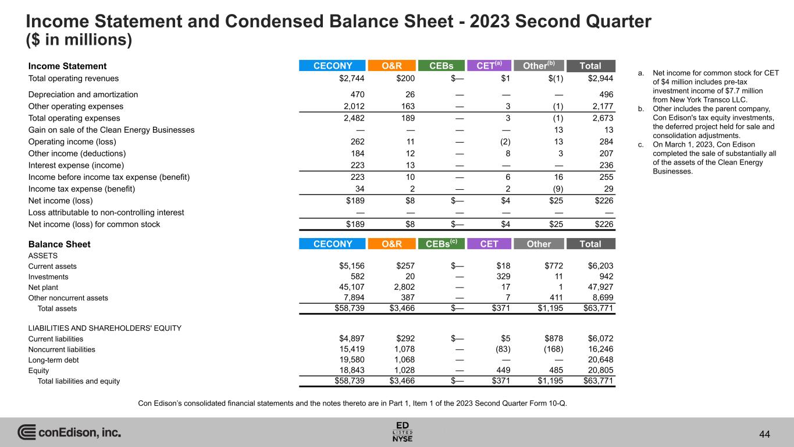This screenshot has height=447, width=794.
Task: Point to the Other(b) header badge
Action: pos(539,66)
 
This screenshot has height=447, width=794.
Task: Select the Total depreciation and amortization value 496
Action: pos(606,94)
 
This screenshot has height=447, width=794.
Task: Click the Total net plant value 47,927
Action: pos(600,287)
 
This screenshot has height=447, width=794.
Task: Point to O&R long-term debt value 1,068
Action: pos(403,360)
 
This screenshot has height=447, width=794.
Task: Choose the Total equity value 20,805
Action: pos(600,370)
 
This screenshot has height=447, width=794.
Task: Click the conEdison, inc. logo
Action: pos(69,432)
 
